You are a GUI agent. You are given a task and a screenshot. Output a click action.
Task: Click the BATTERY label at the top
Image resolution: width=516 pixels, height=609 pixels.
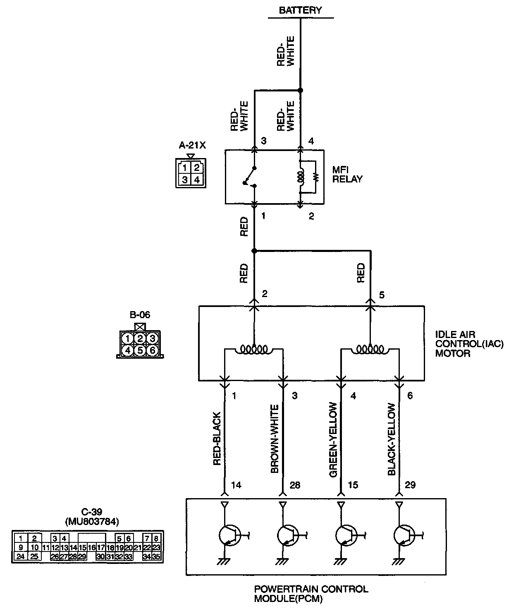pos(300,10)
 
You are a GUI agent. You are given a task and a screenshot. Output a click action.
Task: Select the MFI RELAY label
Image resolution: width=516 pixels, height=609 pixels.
pos(347,175)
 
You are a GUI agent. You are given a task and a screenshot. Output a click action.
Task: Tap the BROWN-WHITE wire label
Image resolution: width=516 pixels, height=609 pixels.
pos(275,439)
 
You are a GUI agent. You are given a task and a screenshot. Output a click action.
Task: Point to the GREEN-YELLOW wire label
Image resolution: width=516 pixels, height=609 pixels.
pos(333,440)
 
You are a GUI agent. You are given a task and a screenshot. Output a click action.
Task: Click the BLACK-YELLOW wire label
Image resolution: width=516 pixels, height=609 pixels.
pos(392,439)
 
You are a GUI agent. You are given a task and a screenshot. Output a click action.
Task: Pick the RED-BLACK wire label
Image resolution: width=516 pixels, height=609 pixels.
pos(217,439)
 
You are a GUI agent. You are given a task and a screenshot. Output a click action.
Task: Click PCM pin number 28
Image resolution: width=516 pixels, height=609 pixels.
pos(295,485)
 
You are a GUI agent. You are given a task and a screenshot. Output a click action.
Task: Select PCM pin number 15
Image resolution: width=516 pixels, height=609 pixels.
pos(353,485)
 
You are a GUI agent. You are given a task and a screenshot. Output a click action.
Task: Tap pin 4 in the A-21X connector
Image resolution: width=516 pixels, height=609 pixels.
pos(197,180)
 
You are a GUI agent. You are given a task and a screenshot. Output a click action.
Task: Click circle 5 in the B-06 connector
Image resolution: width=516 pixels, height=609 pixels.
pos(140,350)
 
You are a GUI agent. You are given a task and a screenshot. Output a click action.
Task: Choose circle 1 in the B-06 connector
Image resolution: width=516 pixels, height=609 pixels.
pos(128,339)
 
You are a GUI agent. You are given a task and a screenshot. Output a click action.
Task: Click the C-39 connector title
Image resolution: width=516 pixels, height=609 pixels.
pos(91,513)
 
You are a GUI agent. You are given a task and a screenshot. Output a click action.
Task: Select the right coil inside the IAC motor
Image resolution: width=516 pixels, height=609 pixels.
pos(370,350)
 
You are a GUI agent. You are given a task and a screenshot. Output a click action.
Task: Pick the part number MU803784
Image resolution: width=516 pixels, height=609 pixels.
pos(91,522)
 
